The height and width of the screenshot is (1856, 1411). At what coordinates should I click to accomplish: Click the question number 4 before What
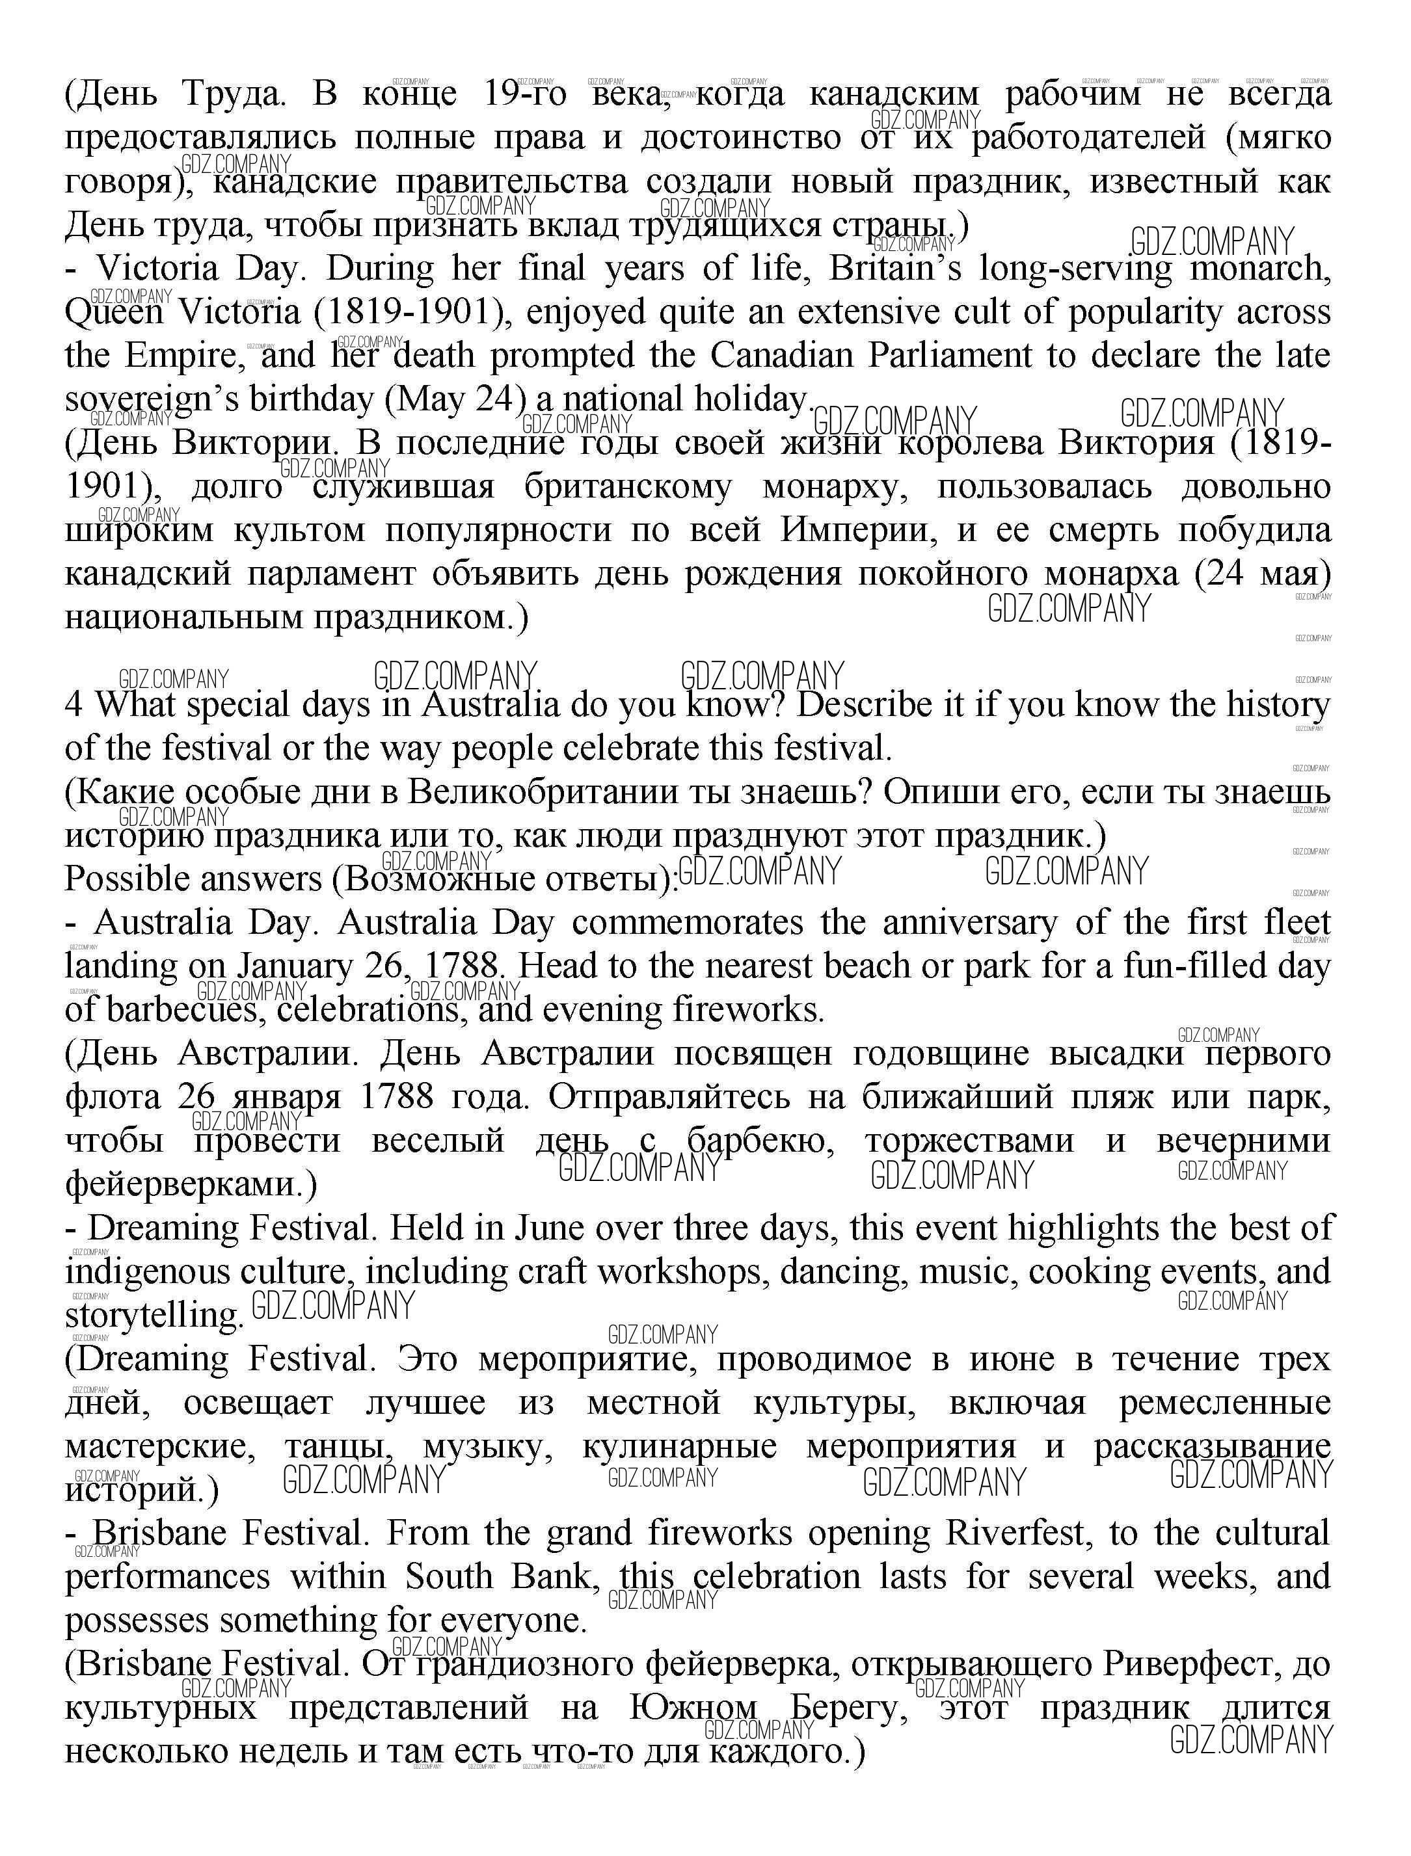(x=74, y=704)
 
